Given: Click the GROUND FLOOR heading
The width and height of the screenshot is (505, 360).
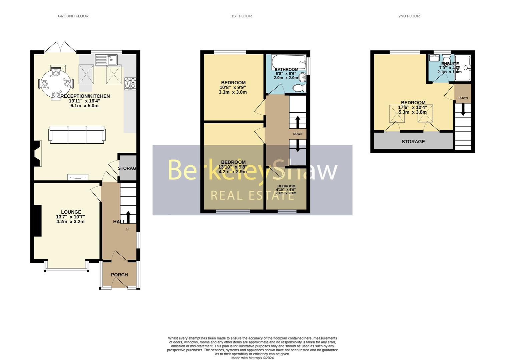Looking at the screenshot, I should (x=73, y=16).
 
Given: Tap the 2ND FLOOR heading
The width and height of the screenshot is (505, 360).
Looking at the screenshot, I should (x=409, y=16).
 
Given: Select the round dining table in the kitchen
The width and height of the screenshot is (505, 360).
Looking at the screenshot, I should (x=56, y=83).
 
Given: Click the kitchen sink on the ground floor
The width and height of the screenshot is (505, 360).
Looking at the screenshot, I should (x=106, y=60).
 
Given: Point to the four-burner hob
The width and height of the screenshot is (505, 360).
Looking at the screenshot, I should (x=130, y=84).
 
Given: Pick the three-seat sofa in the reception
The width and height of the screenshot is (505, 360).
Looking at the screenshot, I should (x=77, y=135).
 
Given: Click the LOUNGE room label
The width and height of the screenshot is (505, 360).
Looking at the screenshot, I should (x=71, y=212).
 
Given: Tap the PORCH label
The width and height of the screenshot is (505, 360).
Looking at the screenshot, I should (x=119, y=275).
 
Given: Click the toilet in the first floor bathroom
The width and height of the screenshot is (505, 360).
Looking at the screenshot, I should (x=299, y=88).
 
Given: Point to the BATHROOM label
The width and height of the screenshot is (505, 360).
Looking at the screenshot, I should (x=286, y=70).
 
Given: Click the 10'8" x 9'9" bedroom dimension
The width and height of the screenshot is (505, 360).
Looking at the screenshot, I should (x=232, y=87).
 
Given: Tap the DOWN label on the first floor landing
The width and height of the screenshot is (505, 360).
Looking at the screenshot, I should (x=298, y=134).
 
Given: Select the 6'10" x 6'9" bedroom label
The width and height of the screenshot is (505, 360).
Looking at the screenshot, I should (x=286, y=190).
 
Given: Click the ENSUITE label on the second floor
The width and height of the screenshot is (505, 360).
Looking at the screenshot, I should (x=450, y=64).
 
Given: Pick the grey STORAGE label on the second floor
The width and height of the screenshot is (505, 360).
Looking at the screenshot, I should (x=413, y=142).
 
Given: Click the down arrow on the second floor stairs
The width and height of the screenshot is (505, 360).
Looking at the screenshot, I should (x=463, y=110).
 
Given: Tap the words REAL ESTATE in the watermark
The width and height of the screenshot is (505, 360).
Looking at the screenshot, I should (x=252, y=195).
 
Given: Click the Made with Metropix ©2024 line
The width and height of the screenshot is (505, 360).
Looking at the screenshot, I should (x=252, y=358).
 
